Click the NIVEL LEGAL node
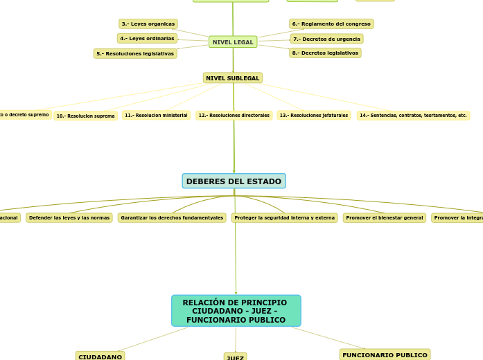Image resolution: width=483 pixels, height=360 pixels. (233, 42)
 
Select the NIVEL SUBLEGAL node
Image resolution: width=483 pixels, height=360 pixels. (233, 78)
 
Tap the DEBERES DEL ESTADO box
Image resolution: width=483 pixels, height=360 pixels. (234, 181)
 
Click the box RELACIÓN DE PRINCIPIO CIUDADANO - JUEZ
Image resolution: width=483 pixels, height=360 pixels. (236, 311)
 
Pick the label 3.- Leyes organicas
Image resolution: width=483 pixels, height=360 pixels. (148, 24)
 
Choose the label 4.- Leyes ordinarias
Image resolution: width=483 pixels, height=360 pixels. (147, 39)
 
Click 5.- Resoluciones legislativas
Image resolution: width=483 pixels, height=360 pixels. (135, 53)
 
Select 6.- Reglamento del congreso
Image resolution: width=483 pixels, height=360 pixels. (331, 24)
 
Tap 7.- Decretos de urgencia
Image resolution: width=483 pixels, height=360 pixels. (326, 39)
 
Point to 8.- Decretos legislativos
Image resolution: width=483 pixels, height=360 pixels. (325, 53)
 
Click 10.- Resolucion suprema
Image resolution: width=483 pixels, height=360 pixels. (85, 116)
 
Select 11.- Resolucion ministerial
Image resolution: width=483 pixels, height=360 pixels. (156, 116)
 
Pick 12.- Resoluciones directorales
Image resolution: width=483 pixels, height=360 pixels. (234, 116)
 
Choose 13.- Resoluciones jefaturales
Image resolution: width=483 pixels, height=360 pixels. (313, 116)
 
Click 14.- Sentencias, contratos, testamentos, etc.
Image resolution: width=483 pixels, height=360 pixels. (413, 116)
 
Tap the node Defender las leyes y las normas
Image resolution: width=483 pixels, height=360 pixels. (69, 218)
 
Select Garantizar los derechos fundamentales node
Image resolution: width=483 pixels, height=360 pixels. (172, 218)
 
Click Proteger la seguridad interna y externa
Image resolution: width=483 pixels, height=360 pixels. (284, 218)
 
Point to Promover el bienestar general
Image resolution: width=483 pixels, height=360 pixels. (384, 218)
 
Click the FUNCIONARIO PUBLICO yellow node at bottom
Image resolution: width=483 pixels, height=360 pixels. (385, 355)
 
